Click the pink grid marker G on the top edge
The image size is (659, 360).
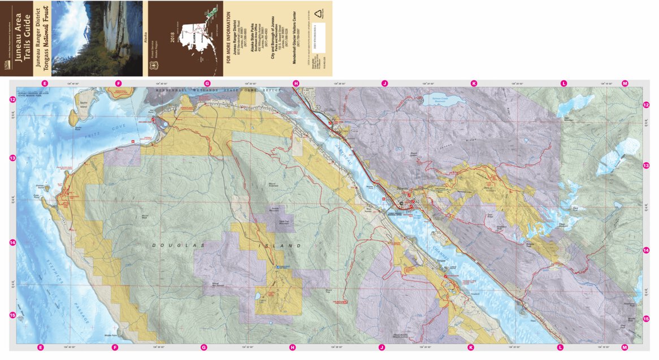207,84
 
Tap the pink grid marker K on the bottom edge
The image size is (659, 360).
470,348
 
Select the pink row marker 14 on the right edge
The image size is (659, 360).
646,250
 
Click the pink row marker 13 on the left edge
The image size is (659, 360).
12,159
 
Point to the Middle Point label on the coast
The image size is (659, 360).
111,335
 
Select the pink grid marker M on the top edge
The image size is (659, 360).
625,84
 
